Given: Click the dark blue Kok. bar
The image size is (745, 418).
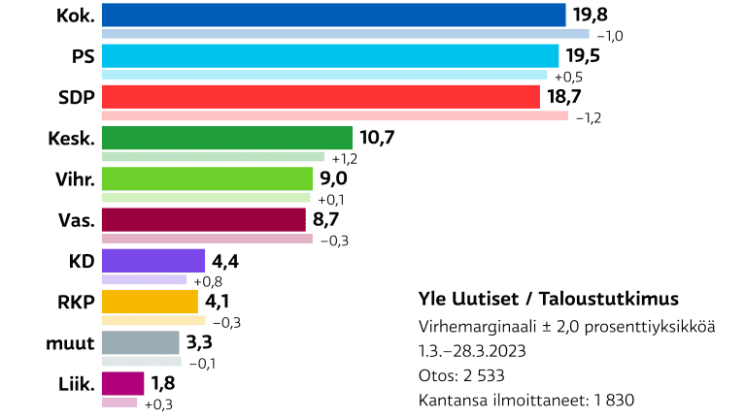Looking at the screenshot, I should coord(333,15).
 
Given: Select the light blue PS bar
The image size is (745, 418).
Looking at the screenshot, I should coord(329,55).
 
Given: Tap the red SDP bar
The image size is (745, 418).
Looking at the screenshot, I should coord(320,97).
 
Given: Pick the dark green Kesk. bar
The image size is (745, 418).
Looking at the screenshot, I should coord(226,138).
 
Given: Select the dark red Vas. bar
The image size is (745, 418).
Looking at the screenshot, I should coord(203,220).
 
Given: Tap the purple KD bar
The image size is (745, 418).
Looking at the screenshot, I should coord(152,261).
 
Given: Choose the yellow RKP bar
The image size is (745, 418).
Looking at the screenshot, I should coord(150,302).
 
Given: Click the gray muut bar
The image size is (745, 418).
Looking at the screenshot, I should coord(140,342).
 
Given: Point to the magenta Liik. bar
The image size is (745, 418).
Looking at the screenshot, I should coord(122,384).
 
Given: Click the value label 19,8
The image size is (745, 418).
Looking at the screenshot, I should coord(593,15).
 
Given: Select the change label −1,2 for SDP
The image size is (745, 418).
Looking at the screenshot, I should coord(590,117).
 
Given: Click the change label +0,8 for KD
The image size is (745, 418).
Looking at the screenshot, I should coord(206,281).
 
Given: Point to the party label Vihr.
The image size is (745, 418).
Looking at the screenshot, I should coord(75,178).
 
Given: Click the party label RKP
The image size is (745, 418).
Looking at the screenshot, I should coord(76,302).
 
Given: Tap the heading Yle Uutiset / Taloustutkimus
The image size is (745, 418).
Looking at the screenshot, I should coord(548,298).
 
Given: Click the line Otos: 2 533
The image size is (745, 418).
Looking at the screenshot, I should coord(461,375).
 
